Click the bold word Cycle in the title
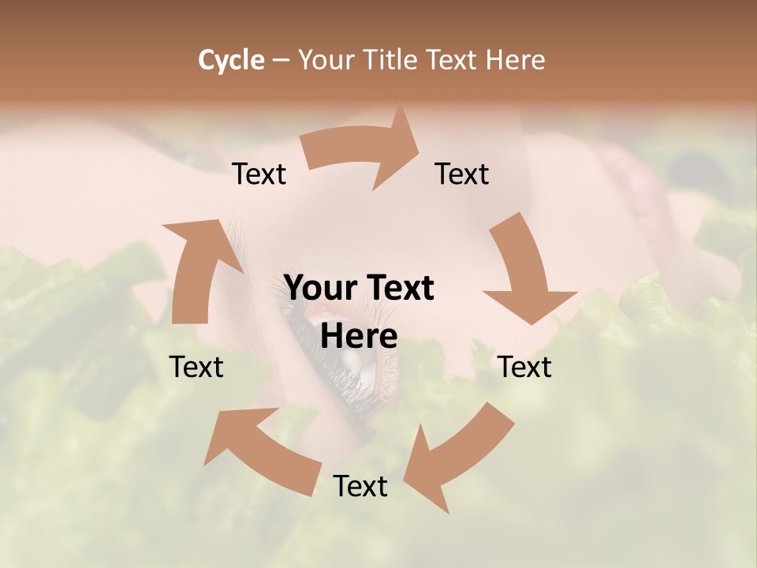231,60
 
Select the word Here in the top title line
517,60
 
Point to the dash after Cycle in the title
281,61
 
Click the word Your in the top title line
324,60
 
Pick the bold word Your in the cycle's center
320,288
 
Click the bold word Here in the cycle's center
359,336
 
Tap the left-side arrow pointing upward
193,268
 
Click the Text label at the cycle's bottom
360,486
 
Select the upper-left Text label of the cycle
259,174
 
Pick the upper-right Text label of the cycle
462,174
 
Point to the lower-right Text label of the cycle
524,367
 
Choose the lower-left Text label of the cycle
196,367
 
